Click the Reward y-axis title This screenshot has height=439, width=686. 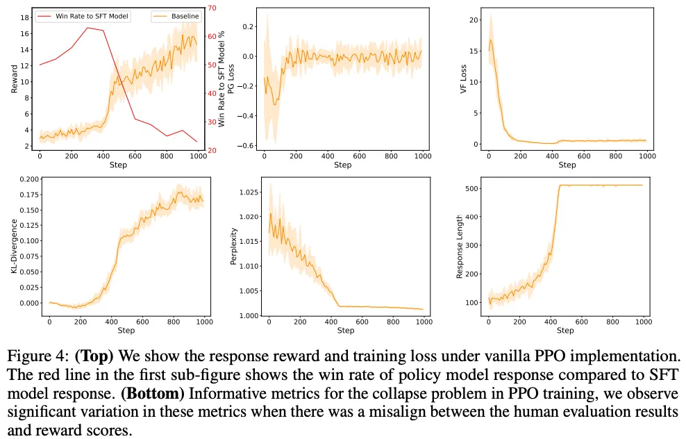point(15,78)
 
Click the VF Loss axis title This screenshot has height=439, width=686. point(465,78)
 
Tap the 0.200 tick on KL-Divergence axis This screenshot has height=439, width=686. point(30,179)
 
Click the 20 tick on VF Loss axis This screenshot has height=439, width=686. point(476,20)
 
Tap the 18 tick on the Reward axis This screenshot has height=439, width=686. point(26,17)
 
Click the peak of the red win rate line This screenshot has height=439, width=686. point(87,28)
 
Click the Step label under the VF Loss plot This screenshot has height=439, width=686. point(567,165)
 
